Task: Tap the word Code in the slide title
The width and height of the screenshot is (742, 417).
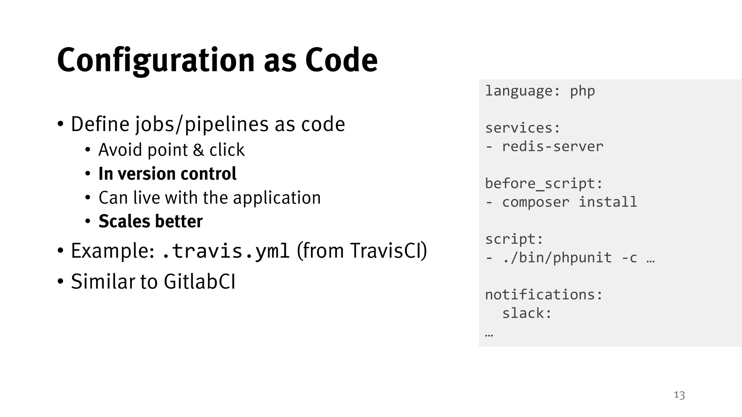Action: pos(341,60)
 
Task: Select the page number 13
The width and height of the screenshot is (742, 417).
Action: pos(679,395)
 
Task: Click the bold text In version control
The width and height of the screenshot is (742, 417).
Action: pos(167,174)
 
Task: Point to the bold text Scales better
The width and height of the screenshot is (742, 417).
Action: pos(150,221)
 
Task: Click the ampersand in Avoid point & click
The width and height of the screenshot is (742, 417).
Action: pos(198,150)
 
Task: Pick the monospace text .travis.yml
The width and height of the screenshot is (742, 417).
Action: pos(225,251)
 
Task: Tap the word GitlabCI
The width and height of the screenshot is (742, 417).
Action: pos(200,282)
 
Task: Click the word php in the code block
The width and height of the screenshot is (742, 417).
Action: pos(582,91)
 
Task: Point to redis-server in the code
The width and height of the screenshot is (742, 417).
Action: pos(553,147)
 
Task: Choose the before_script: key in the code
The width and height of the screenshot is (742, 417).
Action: pos(544,184)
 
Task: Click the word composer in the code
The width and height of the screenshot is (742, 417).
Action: pos(535,202)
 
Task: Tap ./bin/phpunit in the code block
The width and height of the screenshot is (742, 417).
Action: pos(557,258)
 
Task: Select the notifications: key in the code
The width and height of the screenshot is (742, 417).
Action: pos(544,295)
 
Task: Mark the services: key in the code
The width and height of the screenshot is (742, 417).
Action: pos(522,128)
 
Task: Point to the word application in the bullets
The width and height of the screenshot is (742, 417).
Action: pos(277,198)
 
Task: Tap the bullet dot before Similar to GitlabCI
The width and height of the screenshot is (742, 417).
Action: pos(61,282)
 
